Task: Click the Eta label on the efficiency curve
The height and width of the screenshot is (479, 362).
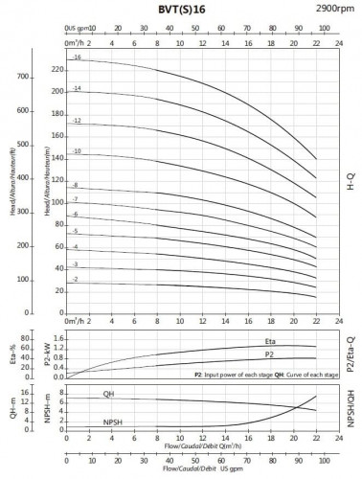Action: point(270,342)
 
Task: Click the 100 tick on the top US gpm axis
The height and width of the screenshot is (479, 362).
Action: point(316,30)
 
